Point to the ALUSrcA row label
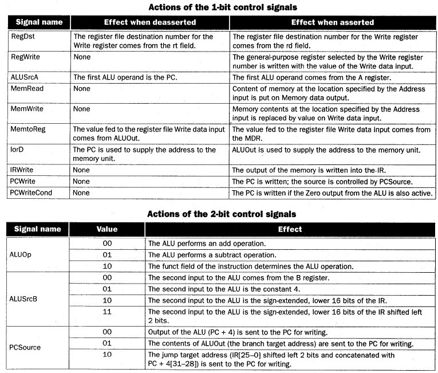click(26, 76)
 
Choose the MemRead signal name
click(27, 89)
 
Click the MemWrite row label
click(27, 108)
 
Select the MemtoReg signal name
click(28, 129)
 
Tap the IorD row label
click(19, 150)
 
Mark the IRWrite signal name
click(24, 170)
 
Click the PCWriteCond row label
click(31, 193)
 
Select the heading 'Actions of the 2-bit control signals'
click(222, 214)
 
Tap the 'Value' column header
click(106, 229)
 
